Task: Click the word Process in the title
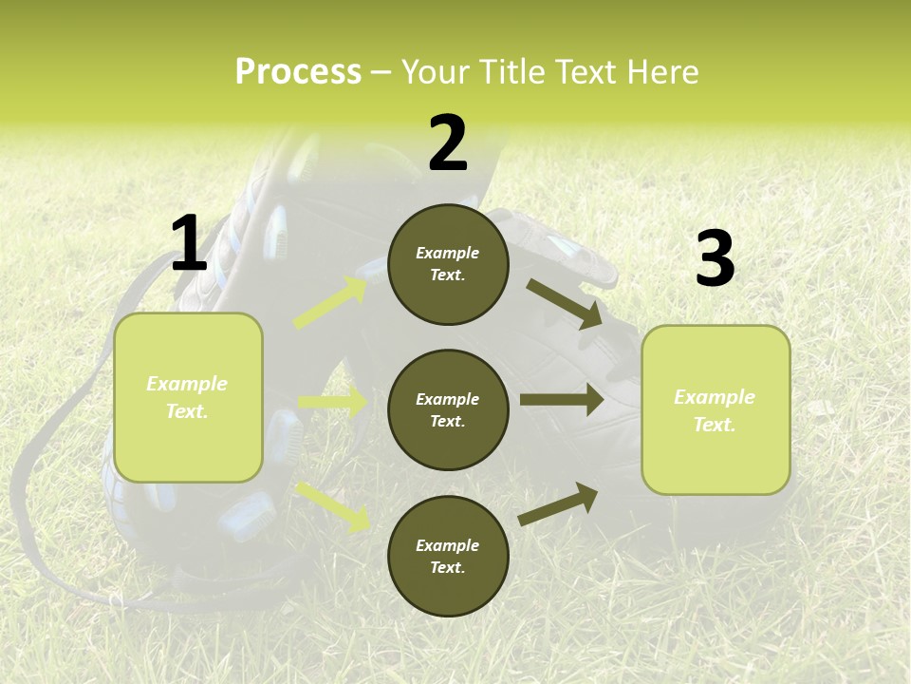coord(298,72)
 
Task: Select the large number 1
coord(189,244)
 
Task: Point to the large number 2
coord(448,143)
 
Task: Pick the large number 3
coord(715,259)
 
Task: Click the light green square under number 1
coord(188,397)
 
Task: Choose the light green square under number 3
coord(716,410)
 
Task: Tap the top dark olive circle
coord(448,264)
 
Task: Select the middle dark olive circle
coord(448,409)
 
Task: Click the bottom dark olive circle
coord(448,556)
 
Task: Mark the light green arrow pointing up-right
coord(331,303)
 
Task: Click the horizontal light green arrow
coord(332,403)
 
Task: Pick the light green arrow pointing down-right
coord(332,505)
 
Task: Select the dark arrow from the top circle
coord(565,303)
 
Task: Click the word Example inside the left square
coord(187,384)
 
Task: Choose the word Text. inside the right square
coord(715,425)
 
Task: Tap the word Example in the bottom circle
coord(448,545)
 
